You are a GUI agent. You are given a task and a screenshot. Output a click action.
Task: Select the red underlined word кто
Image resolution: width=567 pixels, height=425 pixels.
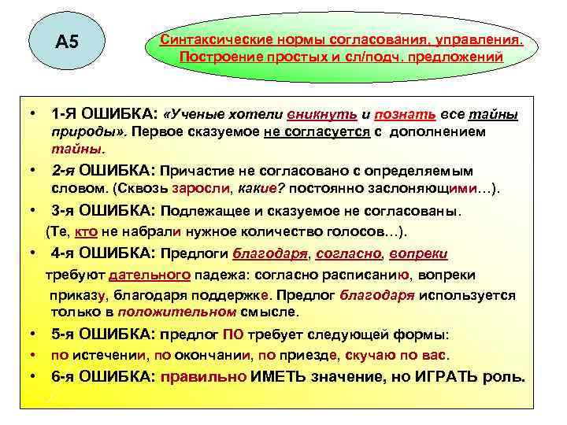tap(98, 231)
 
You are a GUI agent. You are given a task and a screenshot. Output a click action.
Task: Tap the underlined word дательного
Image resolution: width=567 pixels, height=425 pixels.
tap(150, 275)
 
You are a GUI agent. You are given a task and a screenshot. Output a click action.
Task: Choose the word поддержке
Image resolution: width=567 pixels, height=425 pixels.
tap(229, 295)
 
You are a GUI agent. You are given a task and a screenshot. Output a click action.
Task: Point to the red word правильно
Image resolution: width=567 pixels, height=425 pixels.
tap(204, 376)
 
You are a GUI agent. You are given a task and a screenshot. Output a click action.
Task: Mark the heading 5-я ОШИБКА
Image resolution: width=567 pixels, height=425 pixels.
tap(104, 333)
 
